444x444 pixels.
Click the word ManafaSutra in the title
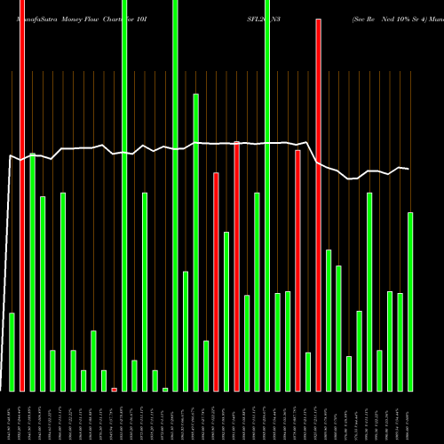click(x=36, y=17)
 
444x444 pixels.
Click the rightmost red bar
click(x=319, y=204)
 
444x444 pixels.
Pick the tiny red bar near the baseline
click(x=115, y=389)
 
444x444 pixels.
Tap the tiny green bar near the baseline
click(x=165, y=389)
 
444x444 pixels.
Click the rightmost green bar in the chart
click(x=410, y=302)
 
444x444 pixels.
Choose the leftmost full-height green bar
click(x=124, y=195)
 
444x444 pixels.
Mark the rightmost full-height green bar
click(x=267, y=195)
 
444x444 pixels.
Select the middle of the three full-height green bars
click(x=175, y=195)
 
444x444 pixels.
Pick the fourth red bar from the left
click(x=237, y=266)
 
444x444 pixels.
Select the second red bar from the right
click(x=298, y=271)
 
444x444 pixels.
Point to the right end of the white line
click(x=408, y=169)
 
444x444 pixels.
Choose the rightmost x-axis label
click(x=410, y=417)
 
